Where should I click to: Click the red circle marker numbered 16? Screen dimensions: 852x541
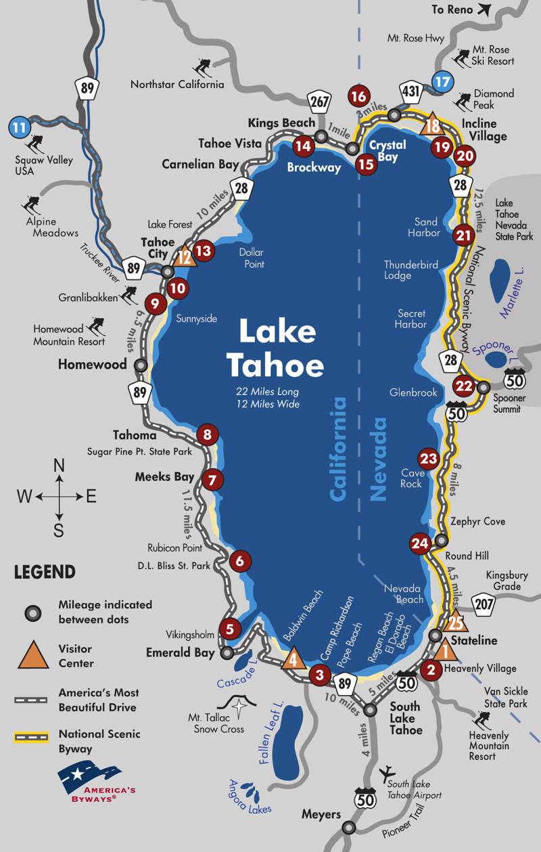359,96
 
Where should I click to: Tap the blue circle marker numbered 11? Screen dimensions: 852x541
20,126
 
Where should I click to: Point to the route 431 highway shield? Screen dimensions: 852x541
412,91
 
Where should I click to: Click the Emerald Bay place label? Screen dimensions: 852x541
180,653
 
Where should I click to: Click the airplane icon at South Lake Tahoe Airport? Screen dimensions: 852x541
389,773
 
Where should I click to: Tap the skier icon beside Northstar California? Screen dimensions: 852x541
201,68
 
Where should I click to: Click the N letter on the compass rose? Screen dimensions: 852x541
59,466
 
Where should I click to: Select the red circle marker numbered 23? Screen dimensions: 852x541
429,459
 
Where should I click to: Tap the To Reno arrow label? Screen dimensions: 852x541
461,9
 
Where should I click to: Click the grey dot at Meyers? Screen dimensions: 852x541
348,827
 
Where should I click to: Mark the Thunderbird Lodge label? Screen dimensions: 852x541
406,270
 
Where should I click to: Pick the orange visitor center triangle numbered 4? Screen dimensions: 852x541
293,657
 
